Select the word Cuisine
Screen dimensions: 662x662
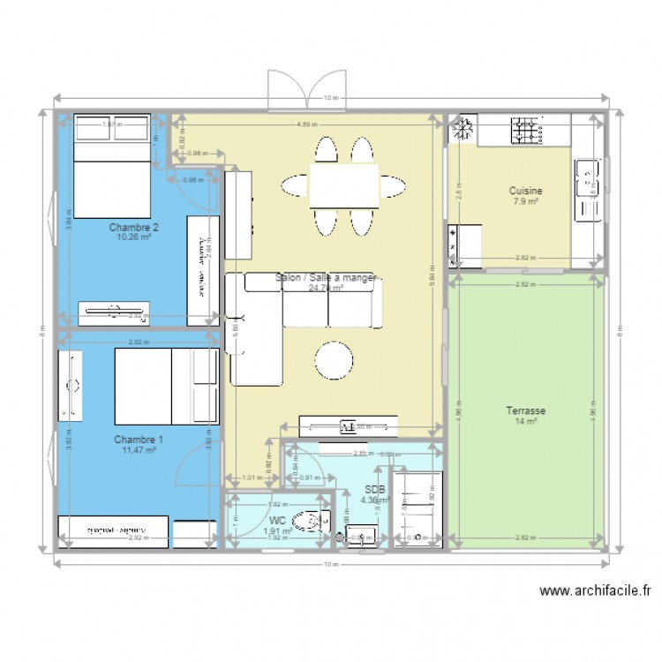click(525, 191)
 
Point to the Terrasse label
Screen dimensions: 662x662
click(525, 410)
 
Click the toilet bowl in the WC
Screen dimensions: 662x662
click(308, 522)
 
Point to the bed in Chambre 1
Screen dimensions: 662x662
click(166, 386)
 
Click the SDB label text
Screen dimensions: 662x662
click(373, 489)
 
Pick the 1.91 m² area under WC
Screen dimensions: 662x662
click(276, 531)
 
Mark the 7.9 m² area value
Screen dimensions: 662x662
click(525, 201)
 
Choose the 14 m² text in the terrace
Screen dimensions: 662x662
click(525, 422)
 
